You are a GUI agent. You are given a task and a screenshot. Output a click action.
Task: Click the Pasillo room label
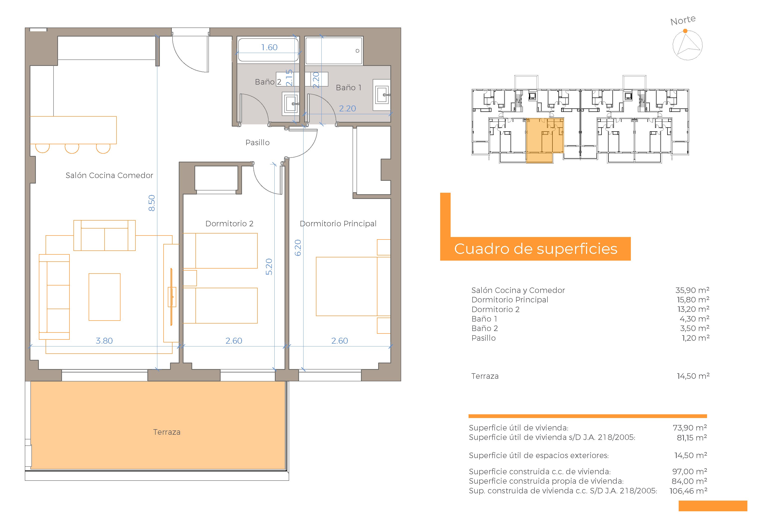(257, 143)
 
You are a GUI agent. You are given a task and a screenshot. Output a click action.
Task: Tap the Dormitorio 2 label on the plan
(229, 224)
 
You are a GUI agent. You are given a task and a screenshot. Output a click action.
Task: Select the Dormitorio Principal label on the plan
(338, 224)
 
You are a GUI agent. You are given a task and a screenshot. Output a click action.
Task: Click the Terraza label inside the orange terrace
(167, 432)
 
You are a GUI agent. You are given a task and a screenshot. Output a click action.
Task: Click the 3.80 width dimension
(104, 341)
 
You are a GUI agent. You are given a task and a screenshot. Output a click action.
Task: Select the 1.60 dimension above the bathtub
(269, 47)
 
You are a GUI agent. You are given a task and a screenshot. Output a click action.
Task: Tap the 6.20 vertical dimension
(298, 248)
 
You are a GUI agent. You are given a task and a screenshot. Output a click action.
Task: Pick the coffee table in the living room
(104, 297)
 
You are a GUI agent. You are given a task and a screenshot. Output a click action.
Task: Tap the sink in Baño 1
(382, 95)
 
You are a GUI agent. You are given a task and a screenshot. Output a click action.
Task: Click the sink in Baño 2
(290, 104)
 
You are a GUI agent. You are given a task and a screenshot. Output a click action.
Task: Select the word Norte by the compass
(683, 21)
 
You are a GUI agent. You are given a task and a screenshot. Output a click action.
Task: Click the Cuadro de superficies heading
(536, 249)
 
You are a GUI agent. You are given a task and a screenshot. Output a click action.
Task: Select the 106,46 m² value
(688, 491)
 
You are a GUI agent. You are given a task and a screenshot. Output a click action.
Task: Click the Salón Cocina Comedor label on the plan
(109, 175)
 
